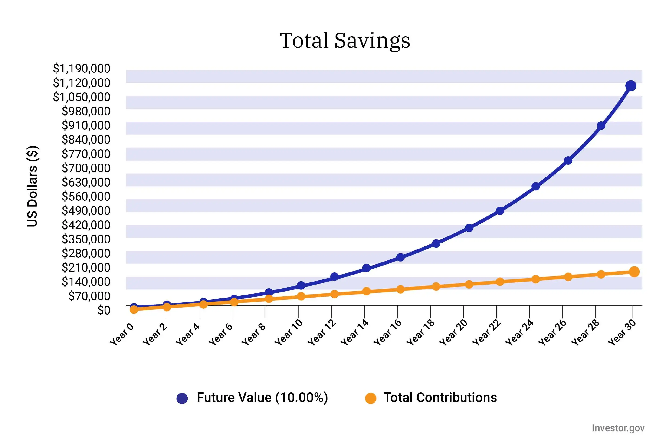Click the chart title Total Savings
[x=345, y=40]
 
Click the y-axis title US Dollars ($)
[x=33, y=186]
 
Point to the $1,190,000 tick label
[x=82, y=69]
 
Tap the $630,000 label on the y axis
[x=86, y=182]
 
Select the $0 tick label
[x=104, y=310]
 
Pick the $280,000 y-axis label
[x=86, y=253]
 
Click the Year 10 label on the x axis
[x=289, y=332]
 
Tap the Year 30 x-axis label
[x=622, y=332]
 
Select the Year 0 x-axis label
[x=121, y=334]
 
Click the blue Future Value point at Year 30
[x=631, y=86]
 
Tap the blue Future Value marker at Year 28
[x=601, y=126]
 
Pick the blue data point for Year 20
[x=469, y=228]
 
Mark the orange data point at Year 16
[x=400, y=289]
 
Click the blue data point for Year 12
[x=334, y=277]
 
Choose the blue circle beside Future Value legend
[x=182, y=398]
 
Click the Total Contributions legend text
[x=440, y=398]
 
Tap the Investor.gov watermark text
[x=618, y=428]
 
